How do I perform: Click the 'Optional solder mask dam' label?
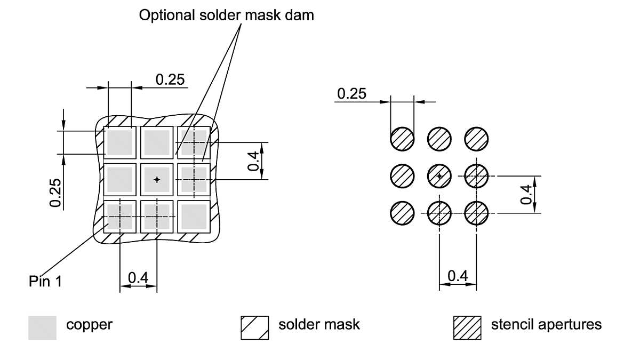point(227,15)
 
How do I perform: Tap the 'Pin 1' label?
point(45,281)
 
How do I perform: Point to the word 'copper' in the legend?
point(89,324)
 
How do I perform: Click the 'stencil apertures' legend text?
point(546,324)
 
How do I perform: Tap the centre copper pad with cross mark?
point(157,180)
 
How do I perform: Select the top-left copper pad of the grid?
point(120,142)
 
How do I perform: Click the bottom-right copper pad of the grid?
point(193,216)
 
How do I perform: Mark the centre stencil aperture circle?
point(439,175)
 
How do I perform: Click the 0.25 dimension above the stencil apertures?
point(351,94)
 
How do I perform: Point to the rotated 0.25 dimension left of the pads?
point(55,193)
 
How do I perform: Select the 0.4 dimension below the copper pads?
point(138,278)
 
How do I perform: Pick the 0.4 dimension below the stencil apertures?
point(458,276)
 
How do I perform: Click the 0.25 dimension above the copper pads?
point(170,79)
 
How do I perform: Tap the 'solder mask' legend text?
point(319,324)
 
